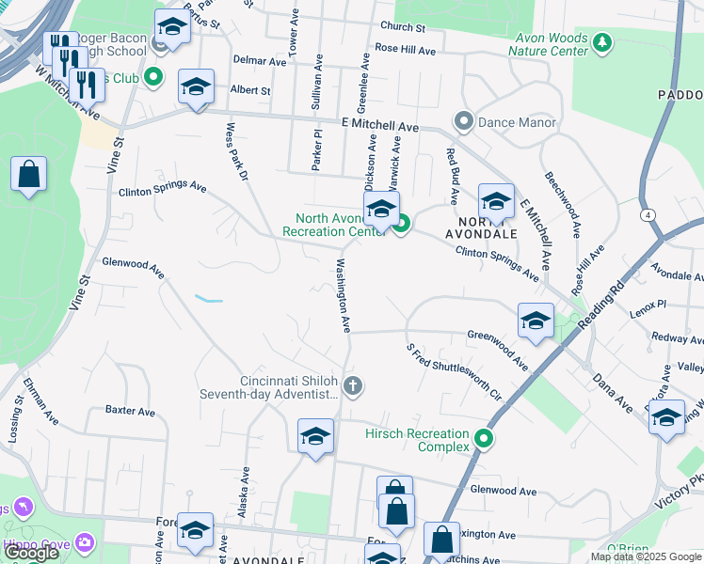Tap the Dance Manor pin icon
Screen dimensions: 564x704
point(463,122)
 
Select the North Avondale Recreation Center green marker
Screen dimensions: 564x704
point(402,224)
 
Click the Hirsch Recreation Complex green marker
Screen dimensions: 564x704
point(484,439)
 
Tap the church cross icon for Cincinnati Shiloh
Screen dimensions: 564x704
point(353,385)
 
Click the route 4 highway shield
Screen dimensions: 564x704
point(648,214)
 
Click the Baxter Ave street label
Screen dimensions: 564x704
point(130,411)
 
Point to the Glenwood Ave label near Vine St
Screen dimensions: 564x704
point(133,267)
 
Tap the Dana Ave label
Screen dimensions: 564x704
point(613,393)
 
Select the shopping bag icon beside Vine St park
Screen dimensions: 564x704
point(29,175)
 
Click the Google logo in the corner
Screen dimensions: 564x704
point(30,553)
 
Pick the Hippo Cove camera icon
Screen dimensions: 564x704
point(86,542)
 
